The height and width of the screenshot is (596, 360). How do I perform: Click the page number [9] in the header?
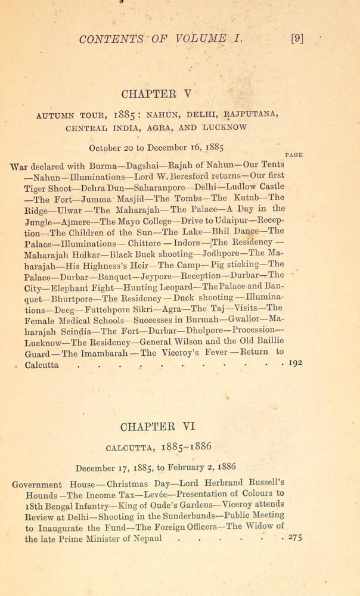tap(296, 39)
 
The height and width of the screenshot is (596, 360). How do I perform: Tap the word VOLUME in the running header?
tap(191, 39)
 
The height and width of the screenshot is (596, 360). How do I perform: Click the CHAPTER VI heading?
tap(158, 427)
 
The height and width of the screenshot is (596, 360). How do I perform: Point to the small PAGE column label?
tap(294, 154)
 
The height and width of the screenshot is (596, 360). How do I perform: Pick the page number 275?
tap(294, 538)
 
